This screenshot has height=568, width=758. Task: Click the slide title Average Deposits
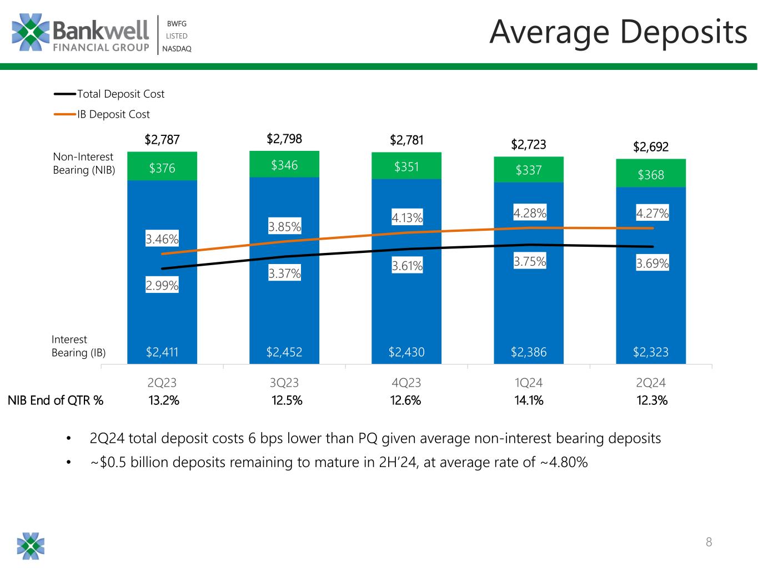[x=618, y=32]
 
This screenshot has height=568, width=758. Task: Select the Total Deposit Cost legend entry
[x=121, y=94]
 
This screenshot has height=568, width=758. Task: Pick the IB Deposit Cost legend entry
[x=113, y=114]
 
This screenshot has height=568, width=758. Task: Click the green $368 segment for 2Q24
[x=651, y=175]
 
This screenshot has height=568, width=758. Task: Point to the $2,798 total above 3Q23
[x=284, y=139]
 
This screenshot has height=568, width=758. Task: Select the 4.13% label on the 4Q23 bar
[x=407, y=218]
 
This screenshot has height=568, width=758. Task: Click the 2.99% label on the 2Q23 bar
[x=162, y=286]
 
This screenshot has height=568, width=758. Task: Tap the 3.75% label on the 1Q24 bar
[x=529, y=261]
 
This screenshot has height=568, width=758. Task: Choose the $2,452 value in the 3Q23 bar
[x=284, y=352]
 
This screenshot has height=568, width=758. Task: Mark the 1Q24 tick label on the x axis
[x=529, y=382]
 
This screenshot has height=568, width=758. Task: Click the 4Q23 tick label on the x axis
[x=406, y=382]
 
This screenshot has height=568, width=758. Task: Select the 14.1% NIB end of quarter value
[x=529, y=400]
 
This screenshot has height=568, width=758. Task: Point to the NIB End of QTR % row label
[x=56, y=400]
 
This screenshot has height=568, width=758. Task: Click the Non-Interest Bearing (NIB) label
[x=83, y=164]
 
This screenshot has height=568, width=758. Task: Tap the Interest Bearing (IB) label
[x=78, y=346]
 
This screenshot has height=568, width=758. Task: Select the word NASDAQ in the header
[x=177, y=49]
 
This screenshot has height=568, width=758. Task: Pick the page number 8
[x=709, y=542]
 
